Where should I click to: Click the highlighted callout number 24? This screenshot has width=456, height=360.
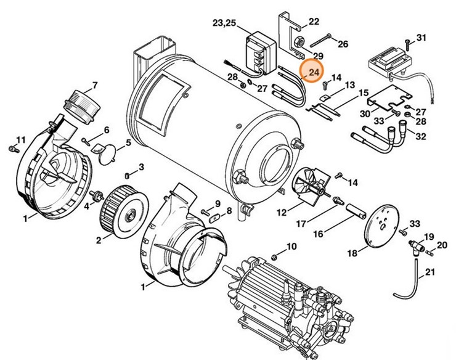(314, 73)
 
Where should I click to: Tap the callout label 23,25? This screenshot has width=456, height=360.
(224, 23)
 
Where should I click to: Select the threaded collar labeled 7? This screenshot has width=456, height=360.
(82, 107)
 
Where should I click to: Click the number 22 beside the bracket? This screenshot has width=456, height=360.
(314, 22)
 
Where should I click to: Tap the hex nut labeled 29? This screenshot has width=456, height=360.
(298, 43)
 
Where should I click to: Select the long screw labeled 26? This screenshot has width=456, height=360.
(320, 41)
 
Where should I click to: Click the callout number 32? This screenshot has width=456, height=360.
(420, 136)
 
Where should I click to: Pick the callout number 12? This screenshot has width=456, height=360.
(282, 213)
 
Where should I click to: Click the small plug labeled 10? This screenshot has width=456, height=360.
(275, 257)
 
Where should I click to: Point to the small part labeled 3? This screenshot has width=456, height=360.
(127, 176)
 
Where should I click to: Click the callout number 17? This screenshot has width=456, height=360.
(301, 224)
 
